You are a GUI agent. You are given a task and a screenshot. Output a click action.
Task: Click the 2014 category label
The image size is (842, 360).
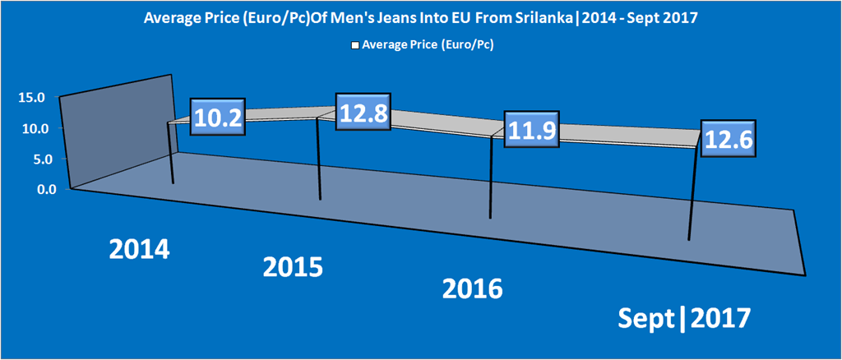tap(140, 249)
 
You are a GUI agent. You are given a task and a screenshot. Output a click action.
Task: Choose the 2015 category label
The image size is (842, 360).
tap(293, 267)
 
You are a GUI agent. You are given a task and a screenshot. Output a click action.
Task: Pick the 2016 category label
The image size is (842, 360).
tap(472, 288)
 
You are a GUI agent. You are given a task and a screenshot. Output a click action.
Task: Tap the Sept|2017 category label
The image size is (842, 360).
tap(685, 316)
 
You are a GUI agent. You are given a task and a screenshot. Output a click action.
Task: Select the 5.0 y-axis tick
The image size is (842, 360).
tap(35, 159)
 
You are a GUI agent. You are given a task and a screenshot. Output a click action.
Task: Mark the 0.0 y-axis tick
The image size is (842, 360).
tap(35, 189)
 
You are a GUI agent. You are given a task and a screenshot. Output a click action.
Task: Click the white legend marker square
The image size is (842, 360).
tap(355, 46)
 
